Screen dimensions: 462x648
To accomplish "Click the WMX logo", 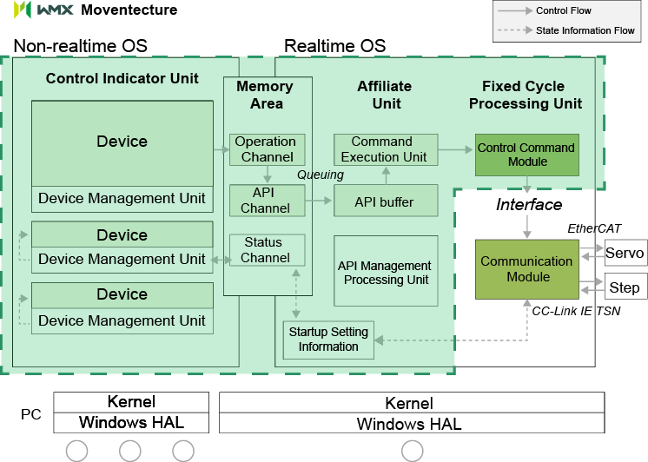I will pyautogui.click(x=44, y=10).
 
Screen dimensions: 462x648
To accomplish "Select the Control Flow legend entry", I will pyautogui.click(x=564, y=11).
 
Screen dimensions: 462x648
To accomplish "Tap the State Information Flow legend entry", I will pyautogui.click(x=585, y=30).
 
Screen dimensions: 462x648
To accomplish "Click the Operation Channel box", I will pyautogui.click(x=267, y=149).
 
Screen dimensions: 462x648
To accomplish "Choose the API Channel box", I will pyautogui.click(x=266, y=201).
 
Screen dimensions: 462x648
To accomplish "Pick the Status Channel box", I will pyautogui.click(x=266, y=250).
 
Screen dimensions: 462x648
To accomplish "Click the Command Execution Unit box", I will pyautogui.click(x=383, y=149).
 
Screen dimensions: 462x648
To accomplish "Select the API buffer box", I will pyautogui.click(x=384, y=202).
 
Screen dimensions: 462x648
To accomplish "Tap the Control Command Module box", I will pyautogui.click(x=526, y=155).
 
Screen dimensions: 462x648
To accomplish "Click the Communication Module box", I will pyautogui.click(x=526, y=269).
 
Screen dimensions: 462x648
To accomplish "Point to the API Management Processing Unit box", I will pyautogui.click(x=385, y=273).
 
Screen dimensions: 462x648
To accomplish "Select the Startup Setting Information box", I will pyautogui.click(x=328, y=340).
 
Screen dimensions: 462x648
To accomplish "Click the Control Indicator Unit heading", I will pyautogui.click(x=122, y=78).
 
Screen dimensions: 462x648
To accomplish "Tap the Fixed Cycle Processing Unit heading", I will pyautogui.click(x=525, y=95).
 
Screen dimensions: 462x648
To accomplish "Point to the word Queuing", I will pyautogui.click(x=321, y=175).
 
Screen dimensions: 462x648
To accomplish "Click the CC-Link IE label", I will pyautogui.click(x=562, y=310).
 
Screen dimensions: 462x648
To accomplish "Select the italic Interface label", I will pyautogui.click(x=529, y=205).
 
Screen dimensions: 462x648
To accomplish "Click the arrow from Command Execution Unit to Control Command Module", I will pyautogui.click(x=455, y=149).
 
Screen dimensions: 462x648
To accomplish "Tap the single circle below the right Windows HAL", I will pyautogui.click(x=412, y=451).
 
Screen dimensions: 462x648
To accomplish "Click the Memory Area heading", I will pyautogui.click(x=265, y=95).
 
